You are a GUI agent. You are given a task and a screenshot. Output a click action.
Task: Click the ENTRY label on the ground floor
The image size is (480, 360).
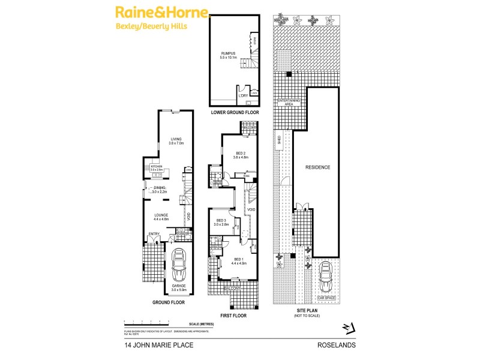pos(154,234)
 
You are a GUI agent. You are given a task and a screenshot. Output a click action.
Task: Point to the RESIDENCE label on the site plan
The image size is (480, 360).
pos(317,167)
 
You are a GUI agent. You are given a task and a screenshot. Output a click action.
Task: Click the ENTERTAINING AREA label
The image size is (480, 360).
pos(288,103)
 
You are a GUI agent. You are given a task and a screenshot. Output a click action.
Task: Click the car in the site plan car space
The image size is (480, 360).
pos(326,277)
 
